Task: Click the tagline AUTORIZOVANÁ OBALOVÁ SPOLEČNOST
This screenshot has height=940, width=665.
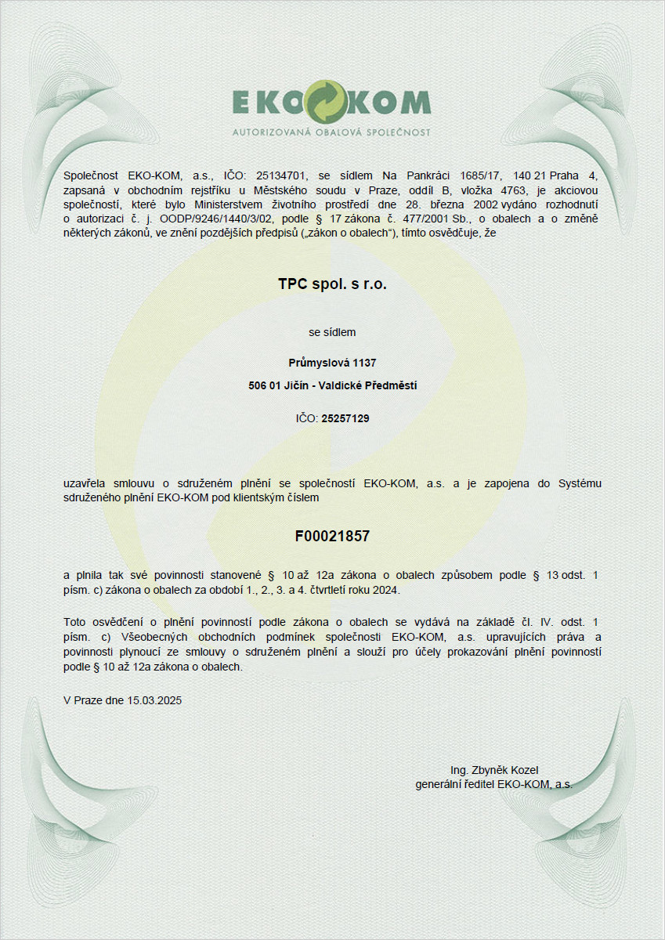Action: point(331,132)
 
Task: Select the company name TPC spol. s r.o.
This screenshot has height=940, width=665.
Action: point(332,284)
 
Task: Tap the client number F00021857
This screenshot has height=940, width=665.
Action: point(332,537)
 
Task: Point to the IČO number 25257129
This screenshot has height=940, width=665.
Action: point(345,419)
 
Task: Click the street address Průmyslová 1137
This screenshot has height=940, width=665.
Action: point(332,363)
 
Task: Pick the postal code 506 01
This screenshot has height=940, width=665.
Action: point(264,385)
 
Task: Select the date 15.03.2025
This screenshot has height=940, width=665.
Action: point(155,700)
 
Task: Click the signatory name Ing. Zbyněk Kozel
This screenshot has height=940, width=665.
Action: point(494,769)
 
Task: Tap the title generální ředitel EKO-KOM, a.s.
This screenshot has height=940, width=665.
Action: point(493,783)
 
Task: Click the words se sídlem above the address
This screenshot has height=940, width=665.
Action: point(332,332)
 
